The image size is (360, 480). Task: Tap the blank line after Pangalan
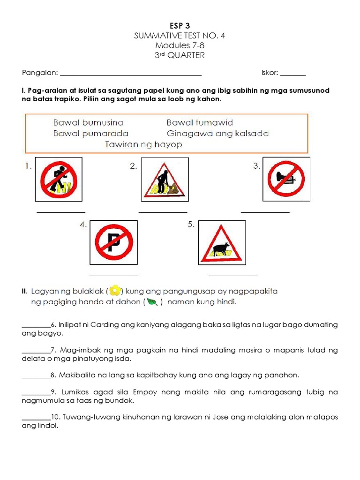[x=131, y=74]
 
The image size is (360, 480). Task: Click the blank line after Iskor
[x=293, y=74]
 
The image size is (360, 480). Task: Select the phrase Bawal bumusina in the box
[x=88, y=122]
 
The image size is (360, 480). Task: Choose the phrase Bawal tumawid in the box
[x=200, y=122]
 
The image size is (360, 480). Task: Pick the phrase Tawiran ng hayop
[x=143, y=144]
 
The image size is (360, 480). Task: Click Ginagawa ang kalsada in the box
[x=217, y=133]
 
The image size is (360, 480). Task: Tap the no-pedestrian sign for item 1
[x=59, y=180]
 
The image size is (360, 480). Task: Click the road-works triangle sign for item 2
[x=165, y=180]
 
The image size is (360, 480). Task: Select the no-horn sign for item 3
[x=286, y=180]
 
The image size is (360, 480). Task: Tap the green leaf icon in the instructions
[x=152, y=302]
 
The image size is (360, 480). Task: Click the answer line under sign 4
[x=113, y=276]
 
